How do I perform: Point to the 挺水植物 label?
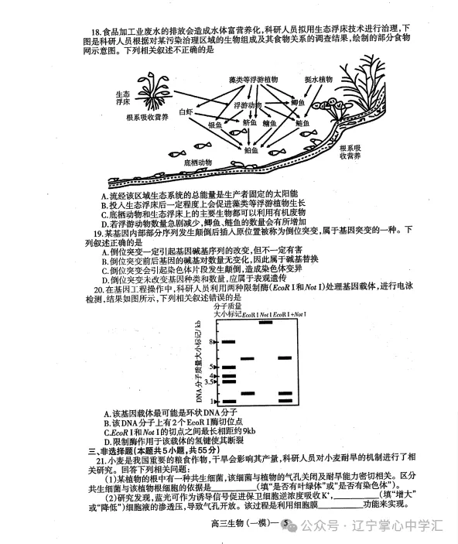(x=318, y=79)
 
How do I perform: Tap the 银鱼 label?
(x=214, y=124)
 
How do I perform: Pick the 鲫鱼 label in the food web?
(x=298, y=103)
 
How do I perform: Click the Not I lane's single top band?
(x=265, y=322)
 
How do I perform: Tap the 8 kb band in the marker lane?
(x=227, y=341)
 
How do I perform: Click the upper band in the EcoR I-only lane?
(x=248, y=358)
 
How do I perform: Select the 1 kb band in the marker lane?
(x=227, y=402)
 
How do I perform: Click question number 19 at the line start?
(x=99, y=234)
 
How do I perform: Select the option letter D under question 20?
(x=105, y=440)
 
